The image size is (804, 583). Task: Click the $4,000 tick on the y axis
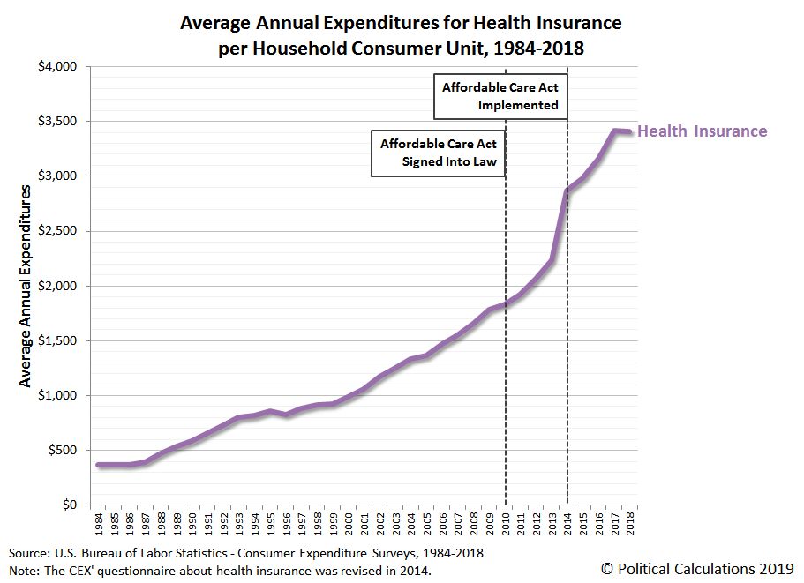57,67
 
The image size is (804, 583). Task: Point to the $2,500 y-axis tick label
57,231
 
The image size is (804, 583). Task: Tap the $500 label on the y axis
63,451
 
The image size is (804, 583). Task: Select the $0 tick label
70,505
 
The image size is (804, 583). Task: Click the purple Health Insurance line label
702,131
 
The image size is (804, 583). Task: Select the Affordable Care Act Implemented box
500,96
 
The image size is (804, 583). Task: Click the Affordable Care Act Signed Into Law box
439,153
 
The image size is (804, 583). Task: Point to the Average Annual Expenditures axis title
25,286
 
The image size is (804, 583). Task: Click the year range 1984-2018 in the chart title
539,49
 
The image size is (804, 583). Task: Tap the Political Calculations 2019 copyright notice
697,569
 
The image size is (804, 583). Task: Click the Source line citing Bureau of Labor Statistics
246,553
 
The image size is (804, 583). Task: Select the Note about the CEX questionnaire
220,571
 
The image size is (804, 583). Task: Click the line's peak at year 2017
615,131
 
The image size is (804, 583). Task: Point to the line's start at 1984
99,465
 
